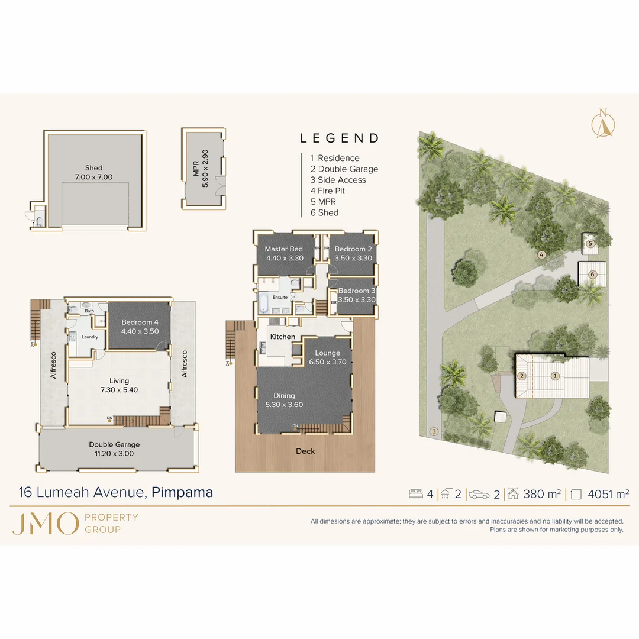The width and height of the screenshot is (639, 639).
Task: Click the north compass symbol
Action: (x=604, y=123)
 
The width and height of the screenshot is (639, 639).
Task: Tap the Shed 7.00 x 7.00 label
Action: (x=93, y=172)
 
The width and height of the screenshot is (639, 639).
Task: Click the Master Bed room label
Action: (x=284, y=253)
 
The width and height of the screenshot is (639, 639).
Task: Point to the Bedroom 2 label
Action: (x=353, y=253)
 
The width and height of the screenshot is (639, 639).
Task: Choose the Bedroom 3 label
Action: (x=357, y=295)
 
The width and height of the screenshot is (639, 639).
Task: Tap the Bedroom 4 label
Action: (x=140, y=327)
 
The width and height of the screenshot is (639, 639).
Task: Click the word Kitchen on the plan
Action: (x=283, y=337)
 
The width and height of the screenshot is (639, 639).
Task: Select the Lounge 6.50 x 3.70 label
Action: (x=327, y=357)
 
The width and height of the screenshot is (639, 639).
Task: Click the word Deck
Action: (x=305, y=451)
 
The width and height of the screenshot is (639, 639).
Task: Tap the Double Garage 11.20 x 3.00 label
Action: (x=114, y=449)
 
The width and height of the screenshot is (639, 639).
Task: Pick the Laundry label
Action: (x=90, y=337)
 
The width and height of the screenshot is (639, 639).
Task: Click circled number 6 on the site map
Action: (x=592, y=274)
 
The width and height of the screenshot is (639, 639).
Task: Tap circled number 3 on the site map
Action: (x=434, y=431)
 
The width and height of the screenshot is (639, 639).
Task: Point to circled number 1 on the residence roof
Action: (x=555, y=375)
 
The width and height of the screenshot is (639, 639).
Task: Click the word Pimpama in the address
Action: (x=182, y=492)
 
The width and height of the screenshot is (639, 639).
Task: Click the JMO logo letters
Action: (x=45, y=524)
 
